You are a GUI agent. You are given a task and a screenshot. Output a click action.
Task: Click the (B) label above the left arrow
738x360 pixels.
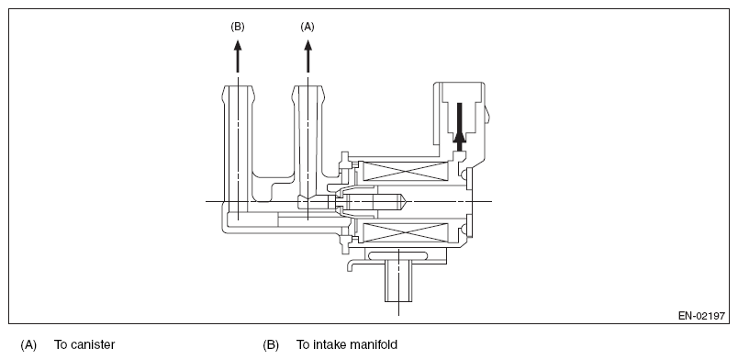238,27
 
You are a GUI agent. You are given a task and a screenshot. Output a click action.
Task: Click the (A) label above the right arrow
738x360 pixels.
307,27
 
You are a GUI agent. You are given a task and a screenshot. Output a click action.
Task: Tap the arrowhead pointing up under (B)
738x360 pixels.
238,46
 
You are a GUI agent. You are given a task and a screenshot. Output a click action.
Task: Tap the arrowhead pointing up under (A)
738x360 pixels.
308,46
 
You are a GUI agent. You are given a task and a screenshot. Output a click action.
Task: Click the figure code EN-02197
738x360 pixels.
701,316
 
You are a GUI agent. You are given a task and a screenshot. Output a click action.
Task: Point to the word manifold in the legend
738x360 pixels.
375,345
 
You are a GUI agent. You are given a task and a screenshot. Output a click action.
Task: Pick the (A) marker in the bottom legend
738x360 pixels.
28,345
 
